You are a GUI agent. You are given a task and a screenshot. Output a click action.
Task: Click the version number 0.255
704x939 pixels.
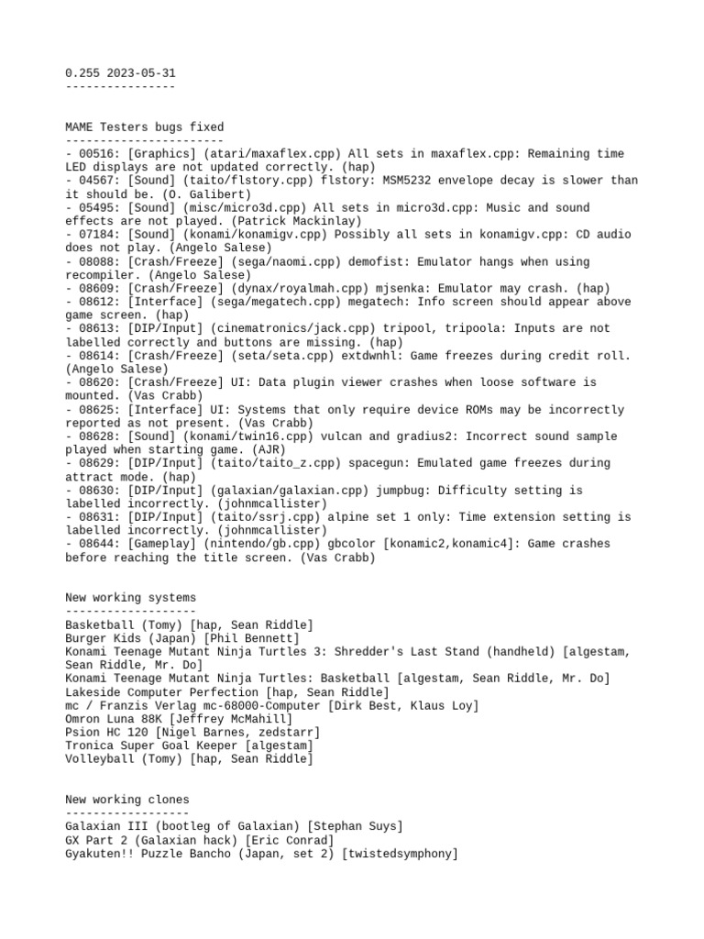83,72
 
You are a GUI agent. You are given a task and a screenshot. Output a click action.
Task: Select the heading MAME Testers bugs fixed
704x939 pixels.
145,127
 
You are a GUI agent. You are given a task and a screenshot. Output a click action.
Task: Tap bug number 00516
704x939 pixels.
97,154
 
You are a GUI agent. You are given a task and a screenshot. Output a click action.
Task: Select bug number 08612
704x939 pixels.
97,302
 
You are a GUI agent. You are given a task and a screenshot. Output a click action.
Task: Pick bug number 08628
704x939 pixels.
97,436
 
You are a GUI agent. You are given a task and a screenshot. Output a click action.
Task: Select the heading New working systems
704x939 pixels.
131,598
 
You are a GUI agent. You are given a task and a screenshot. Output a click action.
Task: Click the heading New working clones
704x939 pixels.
127,801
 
